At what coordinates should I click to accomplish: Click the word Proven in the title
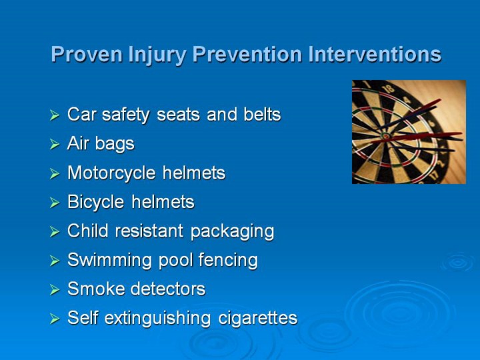coord(87,54)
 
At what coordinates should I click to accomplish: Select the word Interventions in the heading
coord(375,54)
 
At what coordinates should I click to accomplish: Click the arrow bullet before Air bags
coord(55,144)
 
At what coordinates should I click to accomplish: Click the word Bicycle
coord(96,203)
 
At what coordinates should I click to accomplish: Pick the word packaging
coord(232,232)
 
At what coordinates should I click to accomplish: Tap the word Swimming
coord(109,261)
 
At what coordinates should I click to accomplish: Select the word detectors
coord(168,289)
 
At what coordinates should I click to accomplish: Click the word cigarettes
coord(258,319)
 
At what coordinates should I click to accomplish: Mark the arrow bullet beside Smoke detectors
coord(55,289)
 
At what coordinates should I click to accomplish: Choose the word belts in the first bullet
coord(262,115)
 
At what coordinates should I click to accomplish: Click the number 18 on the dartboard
coord(389,89)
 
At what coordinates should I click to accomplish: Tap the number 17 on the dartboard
coord(435,175)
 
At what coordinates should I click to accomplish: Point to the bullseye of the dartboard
coord(386,135)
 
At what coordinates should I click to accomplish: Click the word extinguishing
coord(157,319)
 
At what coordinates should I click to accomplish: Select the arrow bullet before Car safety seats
coord(55,115)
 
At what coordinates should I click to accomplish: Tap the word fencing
coord(228,261)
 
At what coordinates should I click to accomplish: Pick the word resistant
coord(149,231)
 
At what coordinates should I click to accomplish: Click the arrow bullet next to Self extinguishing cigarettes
coord(55,319)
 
